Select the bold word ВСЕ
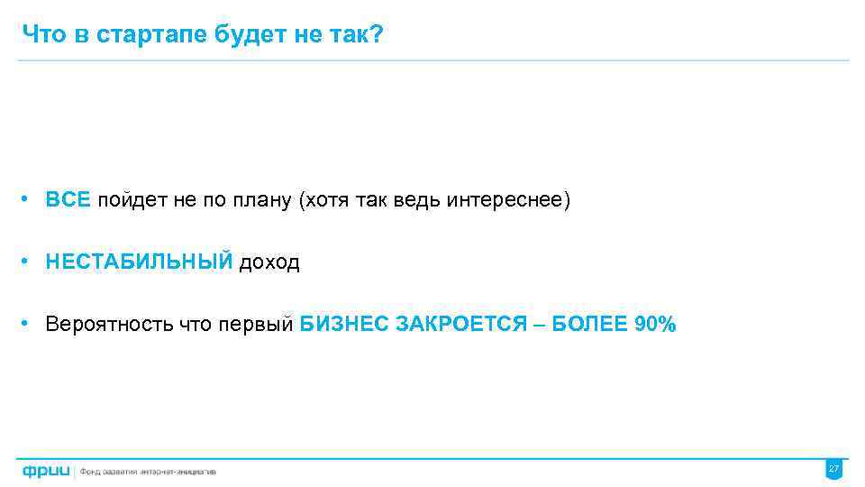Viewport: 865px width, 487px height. tap(68, 200)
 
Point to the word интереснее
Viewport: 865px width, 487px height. tap(505, 200)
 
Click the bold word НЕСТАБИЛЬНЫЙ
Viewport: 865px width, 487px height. tap(139, 262)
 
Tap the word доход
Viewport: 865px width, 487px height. tap(269, 262)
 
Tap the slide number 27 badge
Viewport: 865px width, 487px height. tap(833, 470)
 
